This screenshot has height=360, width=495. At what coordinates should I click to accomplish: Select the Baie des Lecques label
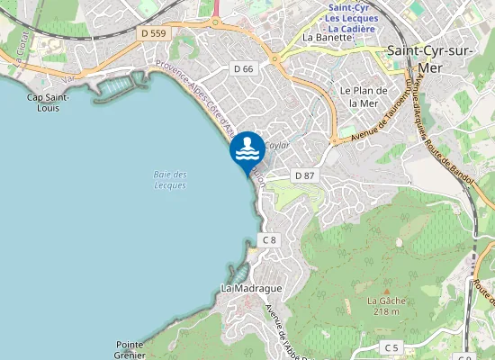pos(169,179)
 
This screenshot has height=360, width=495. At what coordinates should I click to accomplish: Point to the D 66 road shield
pos(243,68)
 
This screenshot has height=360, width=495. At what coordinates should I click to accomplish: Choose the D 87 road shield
pos(304,175)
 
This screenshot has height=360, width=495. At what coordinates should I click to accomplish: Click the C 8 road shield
pos(269,239)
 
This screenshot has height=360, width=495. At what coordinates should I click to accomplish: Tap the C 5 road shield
pos(391,346)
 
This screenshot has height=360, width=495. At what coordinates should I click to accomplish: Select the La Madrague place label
pos(251,288)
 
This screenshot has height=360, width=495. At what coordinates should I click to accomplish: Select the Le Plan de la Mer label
pos(364,96)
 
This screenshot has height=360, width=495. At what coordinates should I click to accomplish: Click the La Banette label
pos(326,38)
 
